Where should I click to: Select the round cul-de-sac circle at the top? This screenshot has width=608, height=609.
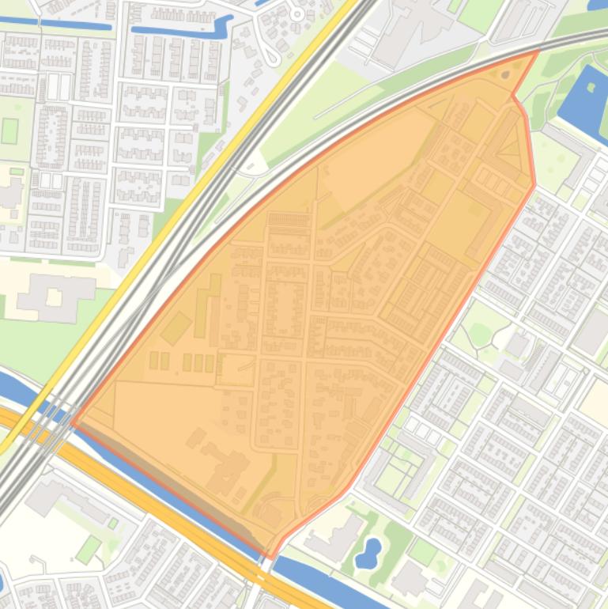(297, 13)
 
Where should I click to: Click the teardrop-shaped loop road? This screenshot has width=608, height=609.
(273, 52)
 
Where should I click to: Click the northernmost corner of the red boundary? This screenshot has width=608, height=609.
(538, 51)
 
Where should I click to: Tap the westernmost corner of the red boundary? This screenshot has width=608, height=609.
(72, 422)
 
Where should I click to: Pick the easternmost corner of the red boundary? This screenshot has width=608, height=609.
(535, 184)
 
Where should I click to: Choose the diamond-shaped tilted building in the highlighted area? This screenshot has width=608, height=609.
(176, 327)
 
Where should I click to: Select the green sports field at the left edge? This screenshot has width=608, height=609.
(9, 130)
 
